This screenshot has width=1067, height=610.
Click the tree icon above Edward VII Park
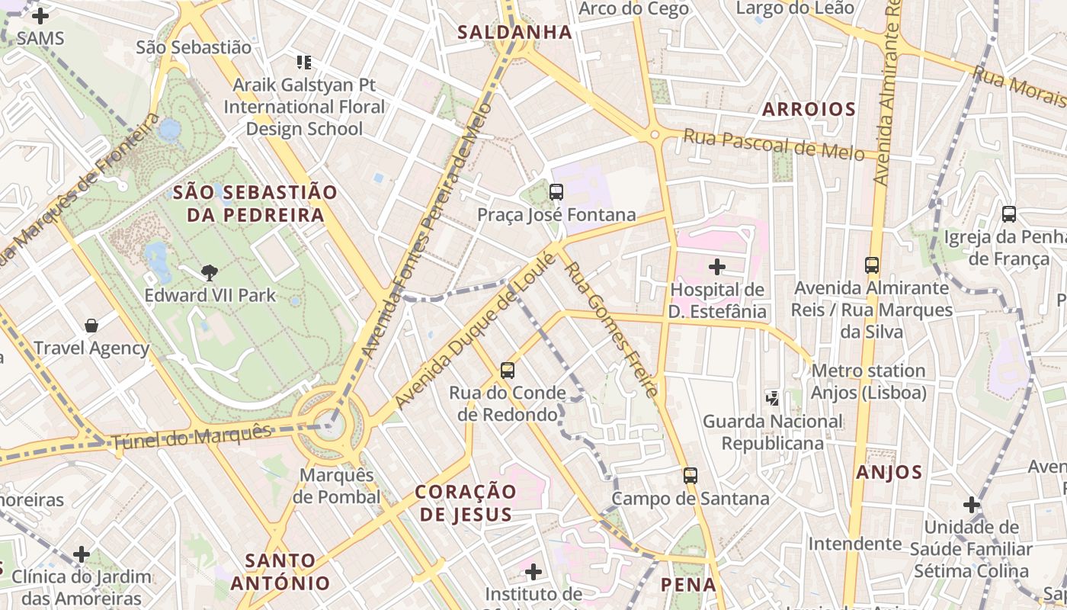(x=209, y=272)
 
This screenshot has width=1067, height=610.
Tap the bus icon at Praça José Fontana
(x=556, y=192)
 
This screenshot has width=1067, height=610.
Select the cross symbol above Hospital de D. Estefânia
(x=716, y=267)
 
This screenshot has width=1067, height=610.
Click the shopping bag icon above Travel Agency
(x=91, y=326)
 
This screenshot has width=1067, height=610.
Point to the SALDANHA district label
(x=514, y=32)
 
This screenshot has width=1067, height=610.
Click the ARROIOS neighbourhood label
(x=809, y=109)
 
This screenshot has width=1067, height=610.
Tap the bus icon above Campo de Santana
(x=691, y=476)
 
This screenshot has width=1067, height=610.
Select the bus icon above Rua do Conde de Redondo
(x=508, y=371)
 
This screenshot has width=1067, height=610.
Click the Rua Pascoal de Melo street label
(x=773, y=144)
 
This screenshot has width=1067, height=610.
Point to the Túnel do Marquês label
(x=191, y=438)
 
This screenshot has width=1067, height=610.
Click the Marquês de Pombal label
(x=336, y=486)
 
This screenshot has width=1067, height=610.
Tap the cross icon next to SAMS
(x=40, y=15)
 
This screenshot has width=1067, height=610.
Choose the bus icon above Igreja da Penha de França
(x=1009, y=214)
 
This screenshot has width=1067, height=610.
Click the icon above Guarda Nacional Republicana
(x=773, y=398)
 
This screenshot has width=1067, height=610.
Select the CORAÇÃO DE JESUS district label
(x=466, y=502)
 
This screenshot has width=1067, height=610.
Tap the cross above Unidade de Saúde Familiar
(x=971, y=505)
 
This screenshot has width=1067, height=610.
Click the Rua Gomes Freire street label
(x=610, y=329)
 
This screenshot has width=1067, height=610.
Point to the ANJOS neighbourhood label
(x=889, y=473)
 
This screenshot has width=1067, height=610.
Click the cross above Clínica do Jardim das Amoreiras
(x=82, y=554)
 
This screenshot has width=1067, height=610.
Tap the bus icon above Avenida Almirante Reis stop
(x=872, y=265)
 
